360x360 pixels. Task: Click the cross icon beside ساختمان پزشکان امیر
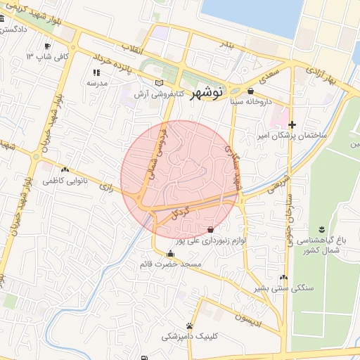[293, 124]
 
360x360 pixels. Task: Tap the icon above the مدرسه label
[96, 72]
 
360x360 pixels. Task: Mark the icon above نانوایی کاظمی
[65, 169]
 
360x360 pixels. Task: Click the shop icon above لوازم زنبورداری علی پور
[210, 230]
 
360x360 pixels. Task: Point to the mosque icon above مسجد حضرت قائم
[170, 254]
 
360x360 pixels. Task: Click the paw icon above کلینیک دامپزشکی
[190, 326]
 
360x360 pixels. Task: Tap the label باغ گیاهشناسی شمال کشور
[321, 245]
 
